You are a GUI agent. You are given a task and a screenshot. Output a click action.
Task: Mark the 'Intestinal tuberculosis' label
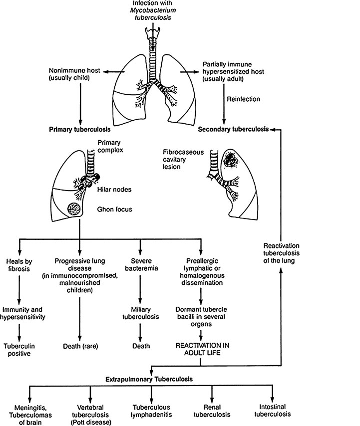click(272, 411)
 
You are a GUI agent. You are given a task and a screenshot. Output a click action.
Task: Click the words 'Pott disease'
click(90, 421)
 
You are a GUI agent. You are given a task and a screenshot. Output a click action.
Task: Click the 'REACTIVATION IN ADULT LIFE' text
click(201, 348)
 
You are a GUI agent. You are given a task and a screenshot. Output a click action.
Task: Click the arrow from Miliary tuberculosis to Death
click(140, 331)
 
